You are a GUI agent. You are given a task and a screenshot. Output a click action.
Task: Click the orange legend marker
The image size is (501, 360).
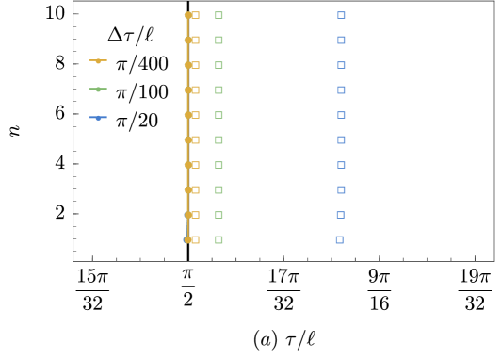(x=98, y=60)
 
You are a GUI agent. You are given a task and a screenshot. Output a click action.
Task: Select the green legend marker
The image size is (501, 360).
(x=98, y=89)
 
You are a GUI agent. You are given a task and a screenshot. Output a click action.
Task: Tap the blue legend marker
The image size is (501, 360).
(x=98, y=117)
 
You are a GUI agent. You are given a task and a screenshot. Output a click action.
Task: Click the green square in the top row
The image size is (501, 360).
(x=218, y=15)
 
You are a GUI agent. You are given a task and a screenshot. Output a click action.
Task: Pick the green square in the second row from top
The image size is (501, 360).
(x=218, y=40)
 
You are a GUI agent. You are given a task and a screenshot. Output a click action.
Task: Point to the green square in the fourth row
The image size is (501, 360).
(x=218, y=90)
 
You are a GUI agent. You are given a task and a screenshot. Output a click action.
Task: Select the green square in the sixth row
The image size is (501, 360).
(x=218, y=139)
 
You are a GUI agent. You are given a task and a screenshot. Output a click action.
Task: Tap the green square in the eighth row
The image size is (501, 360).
(x=218, y=189)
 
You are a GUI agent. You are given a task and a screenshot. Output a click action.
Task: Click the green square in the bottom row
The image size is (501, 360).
(x=218, y=239)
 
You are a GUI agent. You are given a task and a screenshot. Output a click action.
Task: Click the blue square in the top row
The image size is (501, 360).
(x=341, y=15)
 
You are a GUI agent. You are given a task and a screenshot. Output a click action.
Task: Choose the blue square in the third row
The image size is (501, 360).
(x=341, y=65)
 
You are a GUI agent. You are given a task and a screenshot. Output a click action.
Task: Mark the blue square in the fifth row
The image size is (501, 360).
(x=341, y=115)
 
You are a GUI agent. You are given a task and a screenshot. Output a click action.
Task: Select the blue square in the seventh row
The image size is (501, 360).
(x=341, y=165)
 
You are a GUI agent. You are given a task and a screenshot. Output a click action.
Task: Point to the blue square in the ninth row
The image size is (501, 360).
(x=340, y=215)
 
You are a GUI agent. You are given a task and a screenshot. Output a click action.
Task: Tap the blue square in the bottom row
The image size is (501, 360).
(x=339, y=239)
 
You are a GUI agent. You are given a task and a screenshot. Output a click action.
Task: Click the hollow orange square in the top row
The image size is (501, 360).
(x=195, y=15)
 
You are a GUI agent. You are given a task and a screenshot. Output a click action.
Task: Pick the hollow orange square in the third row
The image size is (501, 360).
(x=195, y=65)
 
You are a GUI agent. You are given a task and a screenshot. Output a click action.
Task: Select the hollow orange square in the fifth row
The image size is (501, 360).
(x=195, y=115)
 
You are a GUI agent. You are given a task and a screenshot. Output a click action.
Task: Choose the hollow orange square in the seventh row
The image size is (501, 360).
(x=195, y=165)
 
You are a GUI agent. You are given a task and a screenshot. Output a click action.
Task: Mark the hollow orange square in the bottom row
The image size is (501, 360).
(x=195, y=239)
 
